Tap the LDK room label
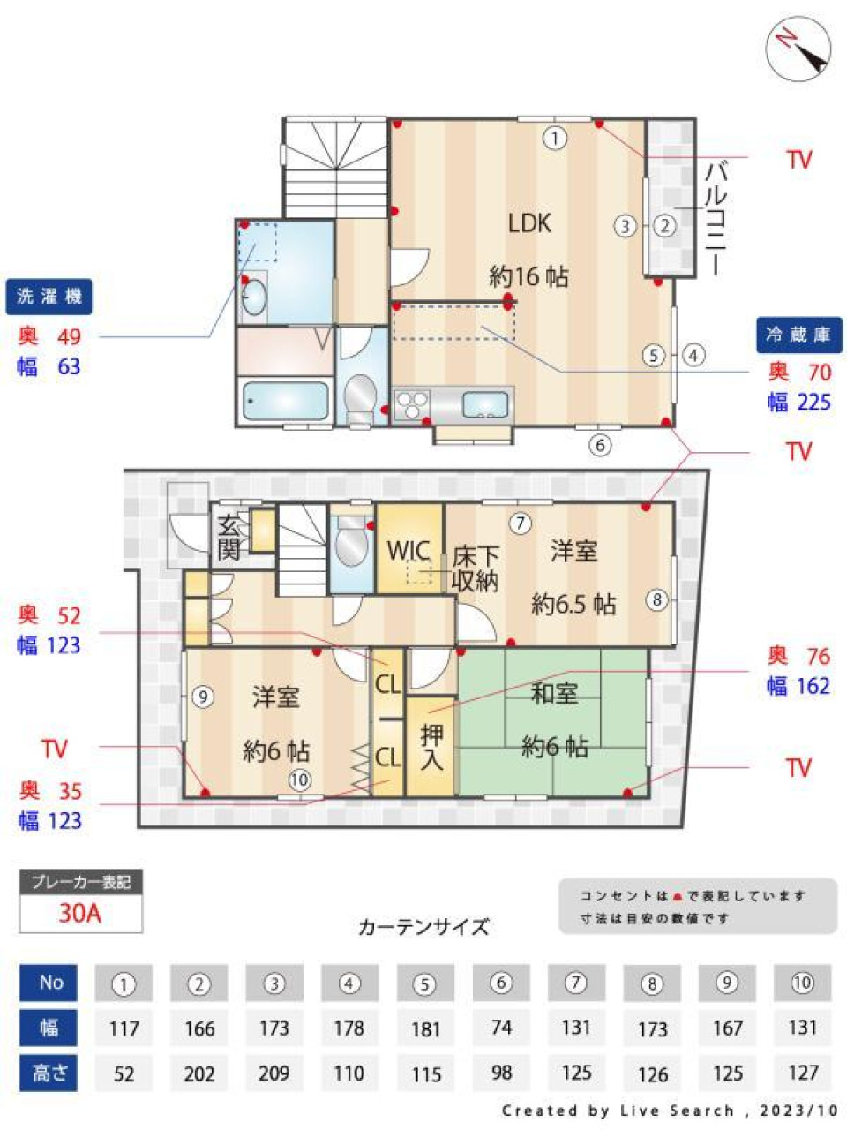point(529,223)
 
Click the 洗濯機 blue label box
point(49,297)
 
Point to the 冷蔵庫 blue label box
point(798,335)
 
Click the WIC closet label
point(409,551)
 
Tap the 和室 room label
point(554,694)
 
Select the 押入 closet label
point(431,747)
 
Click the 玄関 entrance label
point(229,537)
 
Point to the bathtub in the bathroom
point(285,401)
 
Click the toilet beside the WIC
point(351,543)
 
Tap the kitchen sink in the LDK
point(485,404)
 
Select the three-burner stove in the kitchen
point(411,404)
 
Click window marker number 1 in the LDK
point(555,139)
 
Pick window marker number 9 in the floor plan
point(203,697)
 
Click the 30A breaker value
point(80,913)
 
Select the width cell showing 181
point(425,1028)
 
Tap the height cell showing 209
point(274,1073)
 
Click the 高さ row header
point(50,1073)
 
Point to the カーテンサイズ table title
point(423,927)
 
